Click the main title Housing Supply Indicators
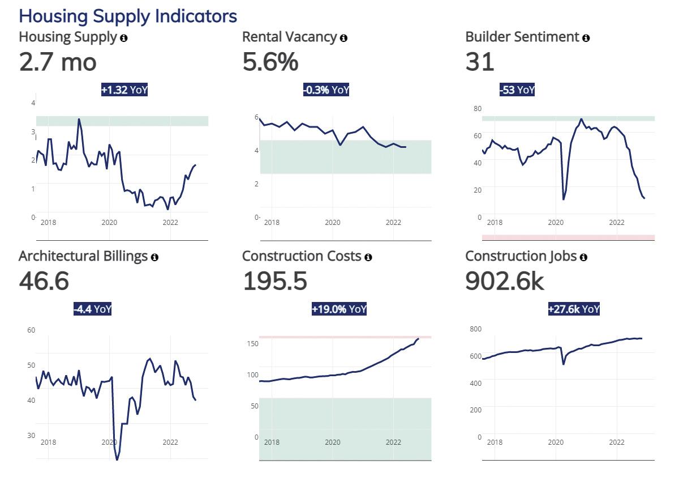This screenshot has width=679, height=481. [x=128, y=16]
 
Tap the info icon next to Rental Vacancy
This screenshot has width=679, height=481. [x=343, y=38]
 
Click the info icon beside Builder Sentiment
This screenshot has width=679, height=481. [x=586, y=38]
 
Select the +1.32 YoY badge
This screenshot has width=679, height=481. [x=124, y=90]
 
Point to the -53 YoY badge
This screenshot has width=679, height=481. [x=517, y=90]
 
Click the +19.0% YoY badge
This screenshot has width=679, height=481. [x=339, y=309]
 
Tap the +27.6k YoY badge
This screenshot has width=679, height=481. [x=574, y=309]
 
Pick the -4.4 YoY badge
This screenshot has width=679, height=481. [x=92, y=309]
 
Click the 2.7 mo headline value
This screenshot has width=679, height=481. [x=58, y=62]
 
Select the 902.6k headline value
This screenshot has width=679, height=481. [x=505, y=282]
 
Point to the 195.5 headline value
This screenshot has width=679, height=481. [x=275, y=282]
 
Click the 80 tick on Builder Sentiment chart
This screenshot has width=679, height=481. [x=478, y=109]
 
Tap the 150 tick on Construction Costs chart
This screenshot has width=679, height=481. [x=252, y=344]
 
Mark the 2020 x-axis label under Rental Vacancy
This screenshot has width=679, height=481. [x=333, y=223]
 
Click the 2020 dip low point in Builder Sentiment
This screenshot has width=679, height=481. [x=563, y=199]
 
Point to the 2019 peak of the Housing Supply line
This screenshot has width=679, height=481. [x=79, y=120]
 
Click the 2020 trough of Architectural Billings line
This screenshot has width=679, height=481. [x=117, y=459]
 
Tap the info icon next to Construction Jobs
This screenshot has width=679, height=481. [x=583, y=257]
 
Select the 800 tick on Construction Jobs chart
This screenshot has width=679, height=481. [x=476, y=329]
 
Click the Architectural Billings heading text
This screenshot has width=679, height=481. [x=83, y=257]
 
